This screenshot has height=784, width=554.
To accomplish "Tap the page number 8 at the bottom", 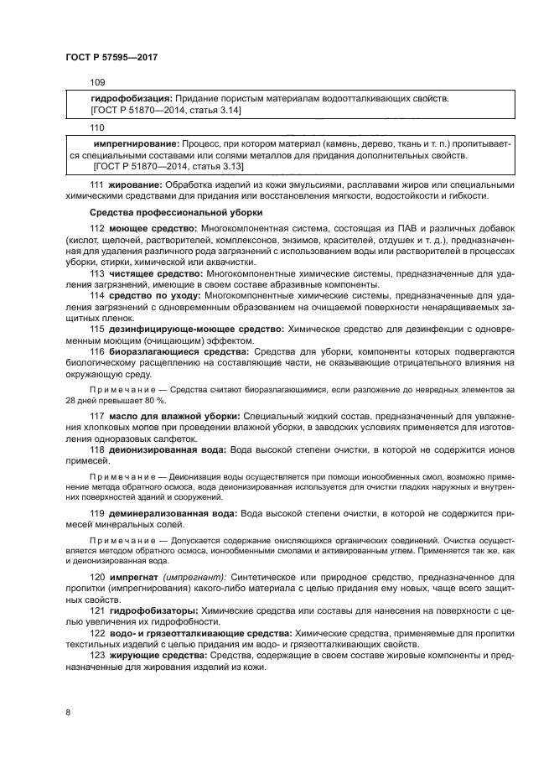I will tap(67, 712).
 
